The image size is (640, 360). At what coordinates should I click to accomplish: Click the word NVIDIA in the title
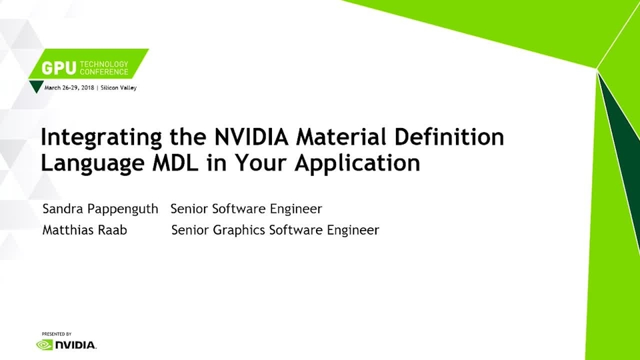tap(251, 137)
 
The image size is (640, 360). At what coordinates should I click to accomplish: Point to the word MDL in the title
tap(175, 163)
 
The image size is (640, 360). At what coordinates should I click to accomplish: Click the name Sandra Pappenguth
tap(100, 209)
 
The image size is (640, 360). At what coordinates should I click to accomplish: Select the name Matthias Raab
tap(85, 230)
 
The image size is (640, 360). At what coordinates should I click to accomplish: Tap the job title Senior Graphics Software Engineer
tap(275, 231)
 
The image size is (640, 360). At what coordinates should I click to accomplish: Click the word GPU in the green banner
tap(59, 68)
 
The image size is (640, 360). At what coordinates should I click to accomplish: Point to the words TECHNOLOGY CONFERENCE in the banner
tap(104, 68)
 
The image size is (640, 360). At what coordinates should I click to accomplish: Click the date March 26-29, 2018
tap(69, 88)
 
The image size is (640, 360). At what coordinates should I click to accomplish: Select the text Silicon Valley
tap(119, 88)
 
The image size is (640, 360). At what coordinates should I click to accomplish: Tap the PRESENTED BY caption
tap(57, 334)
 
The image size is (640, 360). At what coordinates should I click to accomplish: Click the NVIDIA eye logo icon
tap(45, 345)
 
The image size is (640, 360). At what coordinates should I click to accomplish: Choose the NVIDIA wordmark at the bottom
tap(75, 345)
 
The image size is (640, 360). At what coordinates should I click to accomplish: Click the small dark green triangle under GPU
tap(36, 86)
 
